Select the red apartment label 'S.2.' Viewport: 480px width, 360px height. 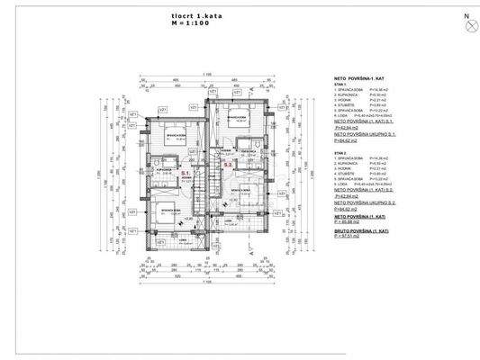click(x=228, y=165)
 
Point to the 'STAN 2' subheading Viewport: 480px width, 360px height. click(x=340, y=153)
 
